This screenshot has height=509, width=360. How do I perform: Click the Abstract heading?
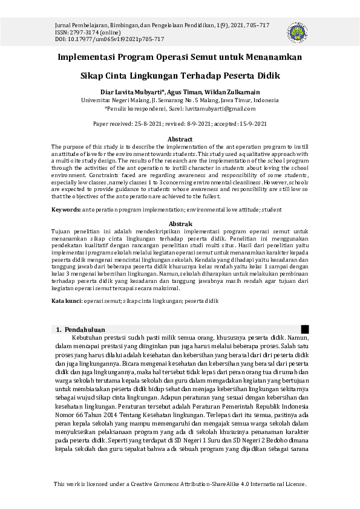(180, 140)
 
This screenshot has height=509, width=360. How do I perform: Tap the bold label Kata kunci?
(67, 300)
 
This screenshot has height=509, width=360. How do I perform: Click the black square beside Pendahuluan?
(305, 329)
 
